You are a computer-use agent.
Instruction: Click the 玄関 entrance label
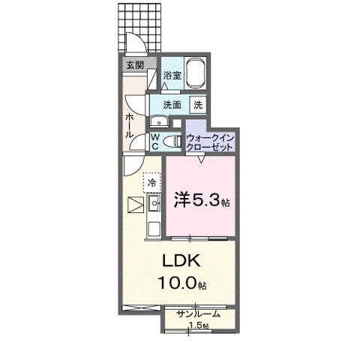[135, 65]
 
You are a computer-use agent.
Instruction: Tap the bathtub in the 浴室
[196, 75]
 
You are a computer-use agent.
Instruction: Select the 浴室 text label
[172, 75]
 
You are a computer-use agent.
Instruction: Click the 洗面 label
[172, 105]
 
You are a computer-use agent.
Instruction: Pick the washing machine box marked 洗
[199, 105]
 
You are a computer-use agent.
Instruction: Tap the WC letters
[154, 142]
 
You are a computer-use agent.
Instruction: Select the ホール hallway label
[130, 124]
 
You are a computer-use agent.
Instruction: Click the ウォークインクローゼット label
[211, 142]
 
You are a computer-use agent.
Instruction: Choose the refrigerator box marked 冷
[151, 183]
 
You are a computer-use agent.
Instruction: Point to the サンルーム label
[198, 314]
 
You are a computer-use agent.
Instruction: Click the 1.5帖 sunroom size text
[198, 326]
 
